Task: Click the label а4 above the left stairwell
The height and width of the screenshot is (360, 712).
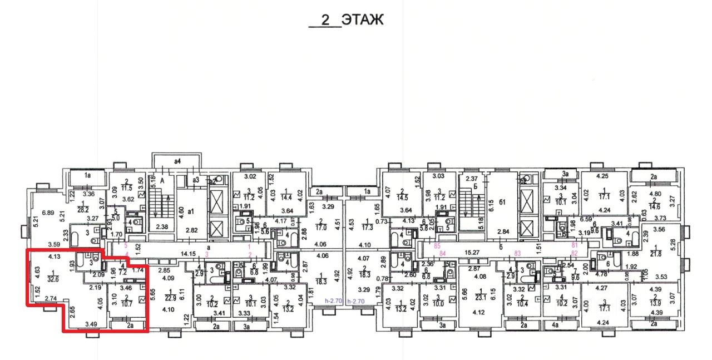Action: coord(178,161)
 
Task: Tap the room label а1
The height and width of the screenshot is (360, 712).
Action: coord(191,212)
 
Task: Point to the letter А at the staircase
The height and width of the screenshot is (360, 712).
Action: coord(163,181)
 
